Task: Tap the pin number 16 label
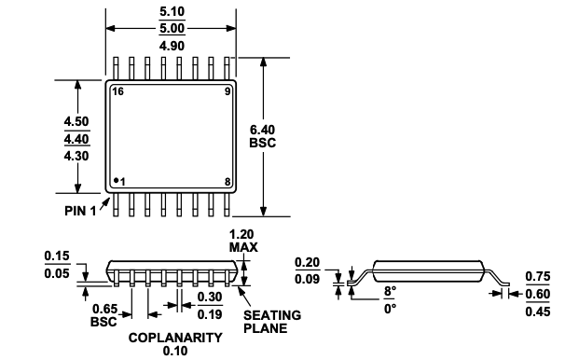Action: (x=118, y=91)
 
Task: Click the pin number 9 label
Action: (x=227, y=91)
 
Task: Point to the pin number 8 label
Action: (x=227, y=181)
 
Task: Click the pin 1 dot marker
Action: (x=116, y=179)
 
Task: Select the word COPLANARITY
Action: (x=174, y=337)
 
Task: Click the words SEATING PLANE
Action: (x=273, y=322)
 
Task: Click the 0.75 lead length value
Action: (x=536, y=276)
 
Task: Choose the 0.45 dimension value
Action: (x=536, y=311)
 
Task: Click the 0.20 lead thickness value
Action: (x=309, y=262)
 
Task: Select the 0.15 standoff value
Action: (x=59, y=255)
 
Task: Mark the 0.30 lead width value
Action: (x=209, y=298)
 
